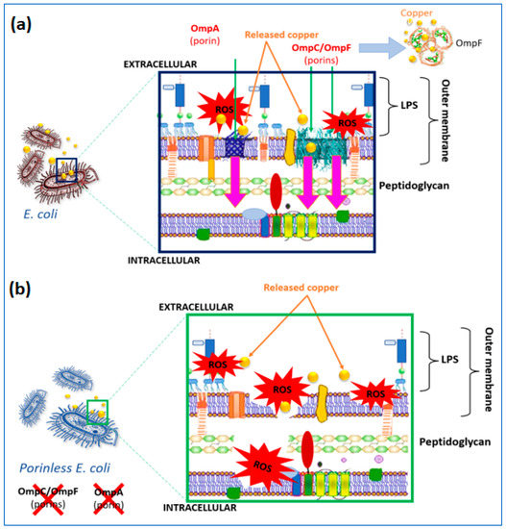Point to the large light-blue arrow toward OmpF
click(369, 41)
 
